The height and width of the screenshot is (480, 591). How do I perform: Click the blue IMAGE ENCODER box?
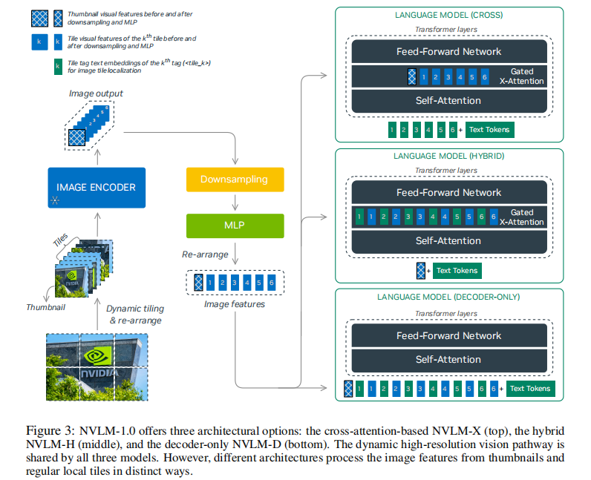[97, 188]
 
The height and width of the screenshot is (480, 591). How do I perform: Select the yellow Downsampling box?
[235, 180]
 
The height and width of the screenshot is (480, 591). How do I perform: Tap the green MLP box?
[235, 226]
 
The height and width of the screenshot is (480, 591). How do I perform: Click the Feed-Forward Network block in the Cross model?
[449, 51]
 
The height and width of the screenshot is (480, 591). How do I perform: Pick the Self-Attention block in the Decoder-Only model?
[449, 360]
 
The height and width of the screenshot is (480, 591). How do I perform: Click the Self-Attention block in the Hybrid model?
[449, 241]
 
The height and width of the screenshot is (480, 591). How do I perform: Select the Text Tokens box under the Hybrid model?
[457, 271]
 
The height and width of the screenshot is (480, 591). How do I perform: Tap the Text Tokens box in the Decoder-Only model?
[530, 389]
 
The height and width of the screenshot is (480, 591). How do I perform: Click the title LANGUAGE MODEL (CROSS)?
[449, 15]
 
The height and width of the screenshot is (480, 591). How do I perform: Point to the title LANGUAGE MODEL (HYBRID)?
[449, 156]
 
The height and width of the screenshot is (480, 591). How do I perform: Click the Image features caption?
[235, 304]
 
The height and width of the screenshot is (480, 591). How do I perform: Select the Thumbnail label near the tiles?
[45, 307]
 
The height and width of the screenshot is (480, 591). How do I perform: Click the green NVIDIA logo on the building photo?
[98, 356]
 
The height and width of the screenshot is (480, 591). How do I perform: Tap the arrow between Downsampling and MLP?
[235, 203]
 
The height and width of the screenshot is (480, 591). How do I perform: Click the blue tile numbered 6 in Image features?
[272, 283]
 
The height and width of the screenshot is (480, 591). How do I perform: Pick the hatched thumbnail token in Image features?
[198, 283]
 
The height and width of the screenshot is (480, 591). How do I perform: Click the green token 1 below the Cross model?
[392, 130]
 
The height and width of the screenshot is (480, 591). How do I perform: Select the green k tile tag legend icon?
[58, 67]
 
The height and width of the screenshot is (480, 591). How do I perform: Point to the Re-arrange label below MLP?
[205, 254]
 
